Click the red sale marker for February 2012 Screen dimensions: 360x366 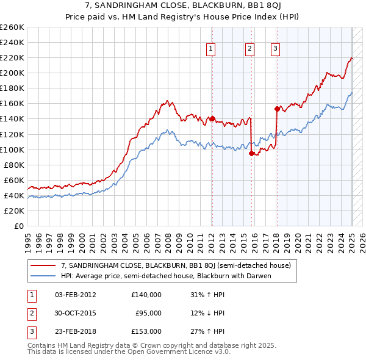[212, 119]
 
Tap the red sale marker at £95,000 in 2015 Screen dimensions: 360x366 [251, 153]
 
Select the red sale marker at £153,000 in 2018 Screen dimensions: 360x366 [277, 109]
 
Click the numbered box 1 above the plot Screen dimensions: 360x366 [210, 49]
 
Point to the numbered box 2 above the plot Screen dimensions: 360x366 [250, 49]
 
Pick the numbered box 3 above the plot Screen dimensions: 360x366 [275, 49]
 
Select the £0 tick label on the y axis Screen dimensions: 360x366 [19, 226]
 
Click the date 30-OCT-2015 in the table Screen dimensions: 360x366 [75, 313]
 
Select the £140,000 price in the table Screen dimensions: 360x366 [146, 295]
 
